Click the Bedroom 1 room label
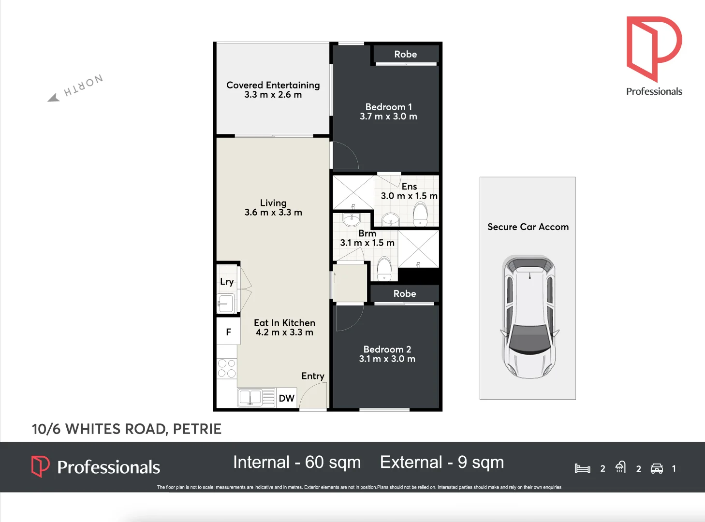(388, 107)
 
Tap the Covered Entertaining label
(273, 85)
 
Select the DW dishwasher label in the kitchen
(286, 398)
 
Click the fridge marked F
(228, 332)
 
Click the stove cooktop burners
(226, 368)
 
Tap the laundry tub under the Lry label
(225, 304)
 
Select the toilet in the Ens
(420, 214)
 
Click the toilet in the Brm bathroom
(384, 269)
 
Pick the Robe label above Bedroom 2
(405, 293)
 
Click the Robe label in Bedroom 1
(405, 54)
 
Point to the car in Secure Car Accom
(529, 317)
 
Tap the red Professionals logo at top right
(653, 48)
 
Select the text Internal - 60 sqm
(297, 463)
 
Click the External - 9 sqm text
(442, 463)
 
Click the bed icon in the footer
(582, 468)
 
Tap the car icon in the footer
(657, 468)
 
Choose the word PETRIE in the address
(197, 429)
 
